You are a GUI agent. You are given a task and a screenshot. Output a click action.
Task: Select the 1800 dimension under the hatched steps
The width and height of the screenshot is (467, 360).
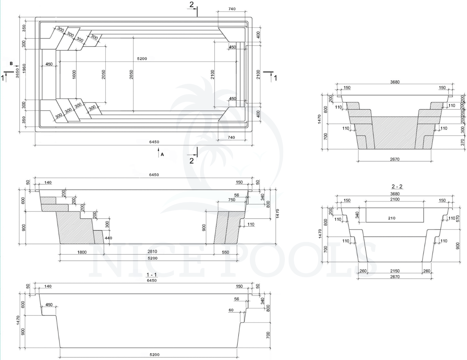(x=82, y=252)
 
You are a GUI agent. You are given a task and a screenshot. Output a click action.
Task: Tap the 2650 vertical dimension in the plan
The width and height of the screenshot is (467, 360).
(x=131, y=74)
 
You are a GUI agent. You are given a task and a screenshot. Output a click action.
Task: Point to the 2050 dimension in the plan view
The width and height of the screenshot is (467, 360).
(x=103, y=74)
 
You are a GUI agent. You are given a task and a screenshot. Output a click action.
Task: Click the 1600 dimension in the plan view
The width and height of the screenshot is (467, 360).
(x=74, y=74)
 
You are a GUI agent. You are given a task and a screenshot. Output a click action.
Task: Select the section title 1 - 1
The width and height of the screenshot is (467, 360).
(x=152, y=275)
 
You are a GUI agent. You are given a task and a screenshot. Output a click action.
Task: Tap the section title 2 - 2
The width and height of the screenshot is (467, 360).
(x=397, y=187)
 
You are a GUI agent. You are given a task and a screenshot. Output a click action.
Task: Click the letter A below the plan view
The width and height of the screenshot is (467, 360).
(x=162, y=155)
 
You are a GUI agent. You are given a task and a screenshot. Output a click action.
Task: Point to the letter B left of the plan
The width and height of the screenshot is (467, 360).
(x=11, y=63)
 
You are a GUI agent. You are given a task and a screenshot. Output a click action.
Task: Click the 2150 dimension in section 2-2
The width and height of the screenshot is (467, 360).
(x=395, y=271)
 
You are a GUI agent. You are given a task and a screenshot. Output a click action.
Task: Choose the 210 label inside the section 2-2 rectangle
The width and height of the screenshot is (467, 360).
(x=392, y=218)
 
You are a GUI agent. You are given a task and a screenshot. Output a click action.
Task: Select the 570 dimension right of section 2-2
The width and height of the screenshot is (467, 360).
(x=458, y=219)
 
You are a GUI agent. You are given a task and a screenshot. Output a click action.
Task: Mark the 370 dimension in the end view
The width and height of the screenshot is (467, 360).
(x=462, y=142)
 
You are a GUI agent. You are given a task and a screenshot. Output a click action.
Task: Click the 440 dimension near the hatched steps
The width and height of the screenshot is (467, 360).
(x=108, y=238)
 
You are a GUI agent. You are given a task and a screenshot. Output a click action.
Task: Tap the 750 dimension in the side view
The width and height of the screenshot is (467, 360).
(x=231, y=200)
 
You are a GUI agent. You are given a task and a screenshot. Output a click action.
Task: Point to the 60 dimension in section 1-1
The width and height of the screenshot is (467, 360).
(x=231, y=310)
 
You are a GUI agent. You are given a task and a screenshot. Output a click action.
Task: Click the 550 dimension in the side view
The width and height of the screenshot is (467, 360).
(x=225, y=252)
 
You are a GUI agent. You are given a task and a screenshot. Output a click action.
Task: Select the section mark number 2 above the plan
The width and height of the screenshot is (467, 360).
(x=191, y=5)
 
